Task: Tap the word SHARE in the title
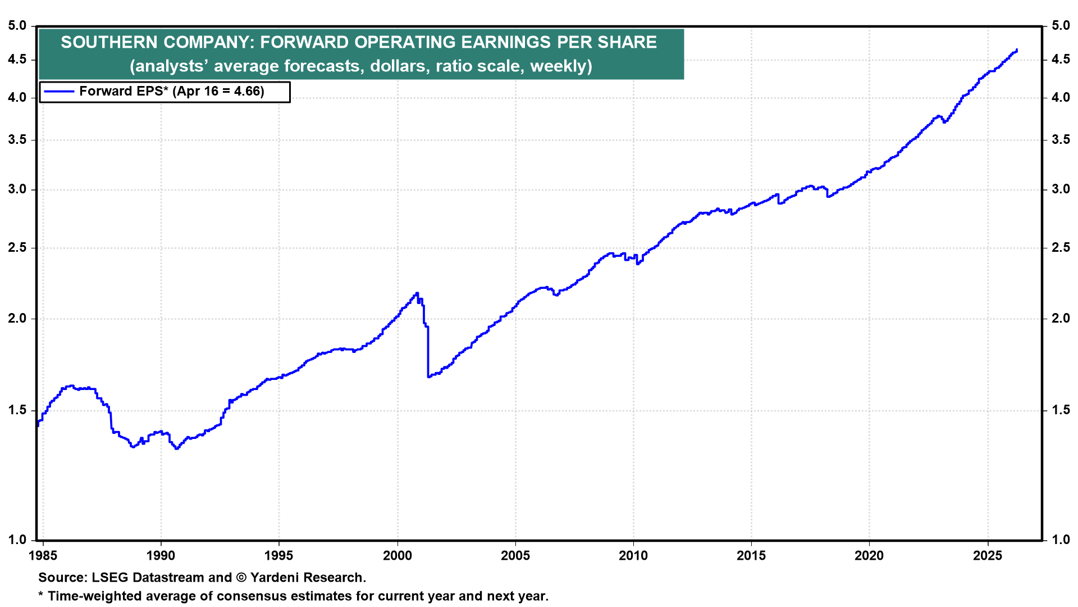(x=628, y=42)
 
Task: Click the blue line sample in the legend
(x=59, y=91)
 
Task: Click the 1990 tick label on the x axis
(x=161, y=556)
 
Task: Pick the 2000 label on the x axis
(x=397, y=556)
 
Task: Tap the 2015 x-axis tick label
(x=751, y=556)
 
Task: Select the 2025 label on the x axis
(x=987, y=556)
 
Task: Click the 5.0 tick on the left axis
(x=17, y=25)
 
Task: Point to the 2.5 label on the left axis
(x=17, y=248)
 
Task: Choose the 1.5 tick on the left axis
(x=17, y=410)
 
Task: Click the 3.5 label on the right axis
(x=1061, y=140)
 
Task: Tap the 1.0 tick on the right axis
(x=1061, y=540)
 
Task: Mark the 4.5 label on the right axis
(x=1061, y=60)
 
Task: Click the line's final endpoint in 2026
(x=1017, y=50)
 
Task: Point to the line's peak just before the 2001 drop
(x=417, y=293)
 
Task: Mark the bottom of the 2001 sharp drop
(x=428, y=376)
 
